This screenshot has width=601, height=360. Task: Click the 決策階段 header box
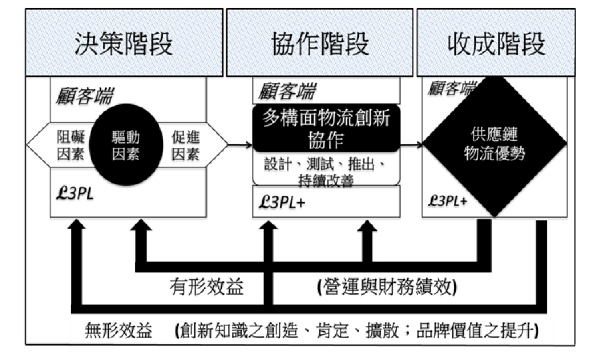coord(123,42)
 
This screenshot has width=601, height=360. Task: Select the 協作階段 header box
coord(320,42)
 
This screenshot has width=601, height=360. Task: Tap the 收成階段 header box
coord(496,42)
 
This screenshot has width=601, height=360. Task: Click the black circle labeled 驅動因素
coord(126,145)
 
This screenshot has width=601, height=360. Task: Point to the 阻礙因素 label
coord(71,145)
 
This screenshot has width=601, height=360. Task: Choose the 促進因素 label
coord(186,145)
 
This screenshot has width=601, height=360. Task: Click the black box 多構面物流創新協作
coord(326,128)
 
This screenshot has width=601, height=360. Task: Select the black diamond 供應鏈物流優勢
coord(494,144)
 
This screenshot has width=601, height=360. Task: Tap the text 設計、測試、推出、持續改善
coord(326,172)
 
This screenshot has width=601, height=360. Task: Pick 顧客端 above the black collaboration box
coord(287,91)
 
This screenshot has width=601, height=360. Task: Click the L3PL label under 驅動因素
coord(75,193)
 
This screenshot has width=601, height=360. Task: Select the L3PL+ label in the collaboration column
coord(282,202)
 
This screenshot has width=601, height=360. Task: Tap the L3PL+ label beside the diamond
coord(448,200)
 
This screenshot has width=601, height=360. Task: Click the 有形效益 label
coord(206,287)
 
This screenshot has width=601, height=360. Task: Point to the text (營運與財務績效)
coord(387,287)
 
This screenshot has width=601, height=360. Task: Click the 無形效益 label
coord(119,330)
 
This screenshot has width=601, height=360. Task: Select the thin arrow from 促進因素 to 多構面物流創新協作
coord(240,145)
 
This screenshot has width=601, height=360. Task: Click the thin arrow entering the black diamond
coord(411,145)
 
